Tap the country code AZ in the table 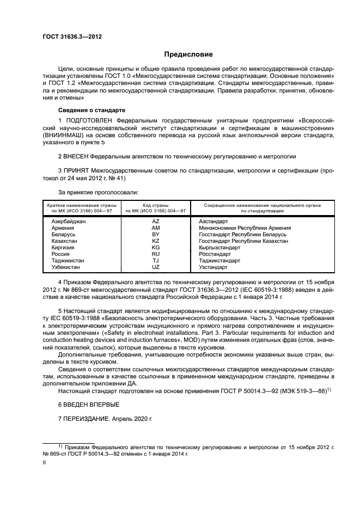tap(156, 222)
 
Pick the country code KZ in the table tap(156, 241)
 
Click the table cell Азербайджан tap(69, 222)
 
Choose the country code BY tap(156, 235)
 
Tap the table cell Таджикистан tap(68, 261)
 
